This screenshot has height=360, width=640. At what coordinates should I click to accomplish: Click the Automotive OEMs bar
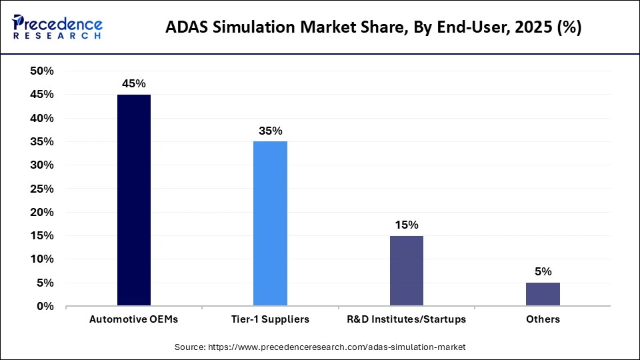pos(134,200)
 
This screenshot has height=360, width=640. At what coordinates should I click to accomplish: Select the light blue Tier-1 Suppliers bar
pos(270,223)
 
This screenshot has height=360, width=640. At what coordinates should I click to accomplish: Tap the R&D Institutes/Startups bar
pos(406,271)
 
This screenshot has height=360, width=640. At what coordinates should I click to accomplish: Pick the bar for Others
pos(543,294)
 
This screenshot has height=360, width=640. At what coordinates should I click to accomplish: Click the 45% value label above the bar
pos(134,84)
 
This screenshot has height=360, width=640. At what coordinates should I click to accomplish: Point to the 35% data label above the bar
pos(270,131)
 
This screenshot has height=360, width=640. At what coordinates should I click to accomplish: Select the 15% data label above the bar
pos(406,225)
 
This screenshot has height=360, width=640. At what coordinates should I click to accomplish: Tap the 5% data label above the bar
pos(543,272)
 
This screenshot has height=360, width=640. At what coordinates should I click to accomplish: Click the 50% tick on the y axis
pos(42,71)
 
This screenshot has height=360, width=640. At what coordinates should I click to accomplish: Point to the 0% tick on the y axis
pos(45,307)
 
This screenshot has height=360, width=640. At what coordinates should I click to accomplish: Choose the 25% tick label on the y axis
pos(42,189)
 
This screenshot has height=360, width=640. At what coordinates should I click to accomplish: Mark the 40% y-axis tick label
pos(42,118)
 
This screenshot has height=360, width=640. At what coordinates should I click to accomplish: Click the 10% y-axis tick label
pos(42,259)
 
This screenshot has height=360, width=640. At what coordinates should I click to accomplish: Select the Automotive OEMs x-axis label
pos(134,319)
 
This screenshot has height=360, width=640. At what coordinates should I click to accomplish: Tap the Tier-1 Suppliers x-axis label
pos(270,319)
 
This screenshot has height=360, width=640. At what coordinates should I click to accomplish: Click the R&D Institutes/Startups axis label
pos(406,319)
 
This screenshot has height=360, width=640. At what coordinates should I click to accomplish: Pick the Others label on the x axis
pos(543,319)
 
